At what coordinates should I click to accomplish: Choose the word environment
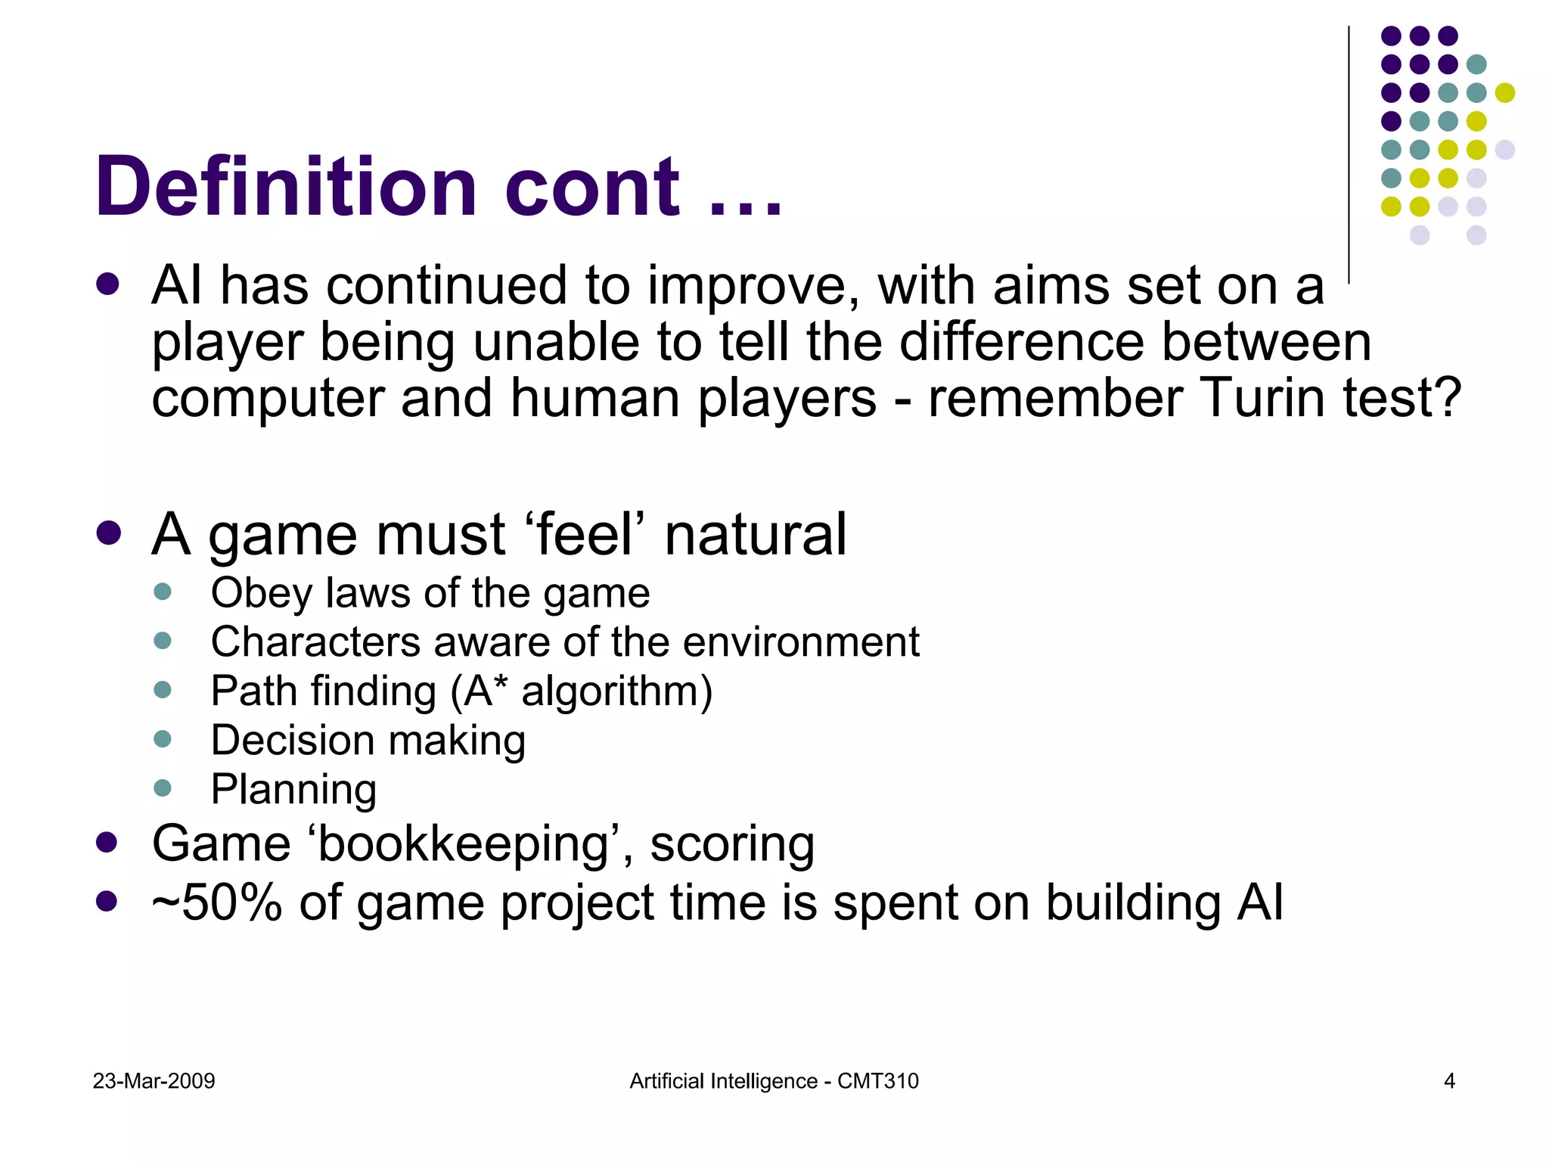click(x=801, y=642)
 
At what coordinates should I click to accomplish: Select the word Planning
click(x=293, y=790)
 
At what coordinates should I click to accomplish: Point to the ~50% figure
click(x=217, y=903)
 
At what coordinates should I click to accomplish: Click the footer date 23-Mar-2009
click(x=154, y=1081)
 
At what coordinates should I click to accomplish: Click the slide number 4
click(x=1449, y=1081)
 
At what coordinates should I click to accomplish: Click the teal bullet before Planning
click(x=163, y=788)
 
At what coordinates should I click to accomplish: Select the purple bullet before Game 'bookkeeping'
click(x=107, y=843)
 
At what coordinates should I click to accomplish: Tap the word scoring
click(x=731, y=844)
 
